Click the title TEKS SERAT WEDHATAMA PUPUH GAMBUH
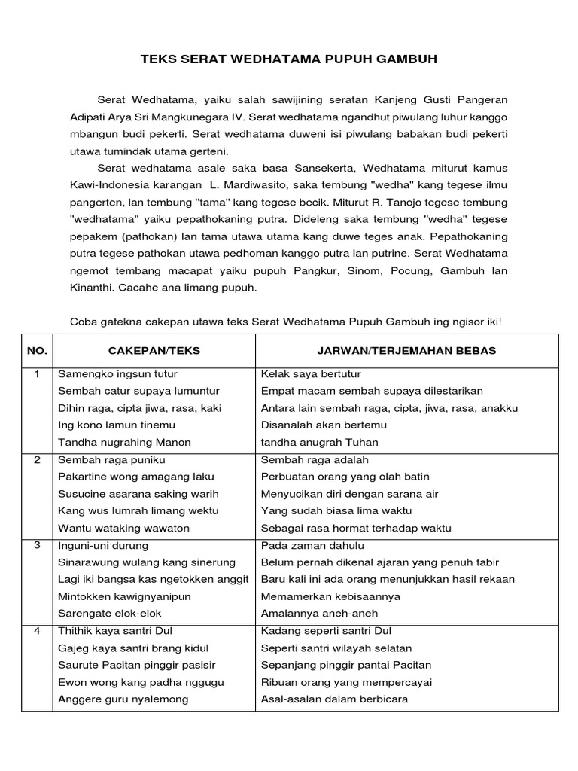click(x=289, y=59)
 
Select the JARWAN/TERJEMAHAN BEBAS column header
click(x=407, y=351)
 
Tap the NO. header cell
click(x=37, y=351)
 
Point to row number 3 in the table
click(x=37, y=545)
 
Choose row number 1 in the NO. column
click(x=37, y=374)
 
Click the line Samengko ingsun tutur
click(x=117, y=374)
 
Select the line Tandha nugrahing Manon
click(x=124, y=442)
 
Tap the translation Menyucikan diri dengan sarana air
click(x=349, y=494)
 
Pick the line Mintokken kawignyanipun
click(x=124, y=596)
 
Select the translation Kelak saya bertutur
click(x=311, y=374)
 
